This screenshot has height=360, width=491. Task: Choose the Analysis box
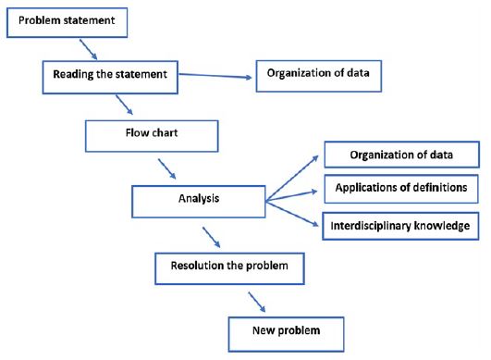click(x=197, y=197)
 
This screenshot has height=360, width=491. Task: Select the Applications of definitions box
click(x=401, y=189)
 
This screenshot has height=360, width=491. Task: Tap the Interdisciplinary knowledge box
click(x=401, y=225)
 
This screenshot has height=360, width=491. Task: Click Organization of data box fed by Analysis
click(x=401, y=154)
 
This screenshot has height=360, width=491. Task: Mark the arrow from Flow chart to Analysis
click(x=169, y=168)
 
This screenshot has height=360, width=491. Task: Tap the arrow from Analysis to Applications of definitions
click(x=294, y=192)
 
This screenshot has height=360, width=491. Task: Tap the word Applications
click(x=364, y=189)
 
